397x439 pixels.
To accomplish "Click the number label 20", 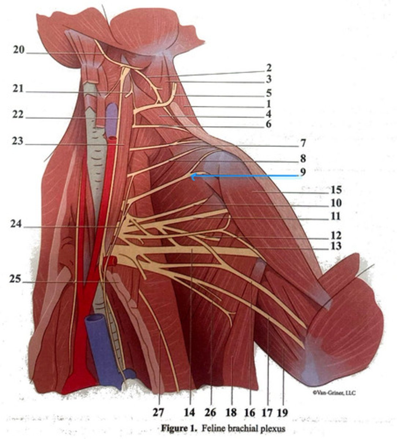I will pyautogui.click(x=19, y=50).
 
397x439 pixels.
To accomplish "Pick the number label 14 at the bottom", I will pyautogui.click(x=189, y=412).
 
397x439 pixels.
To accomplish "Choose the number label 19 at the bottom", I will pyautogui.click(x=282, y=412).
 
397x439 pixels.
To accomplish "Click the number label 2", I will pyautogui.click(x=269, y=68).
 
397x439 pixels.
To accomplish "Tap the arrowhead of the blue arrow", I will pyautogui.click(x=192, y=176).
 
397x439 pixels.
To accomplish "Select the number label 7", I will pyautogui.click(x=302, y=143).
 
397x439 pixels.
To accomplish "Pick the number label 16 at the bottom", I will pyautogui.click(x=249, y=412).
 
